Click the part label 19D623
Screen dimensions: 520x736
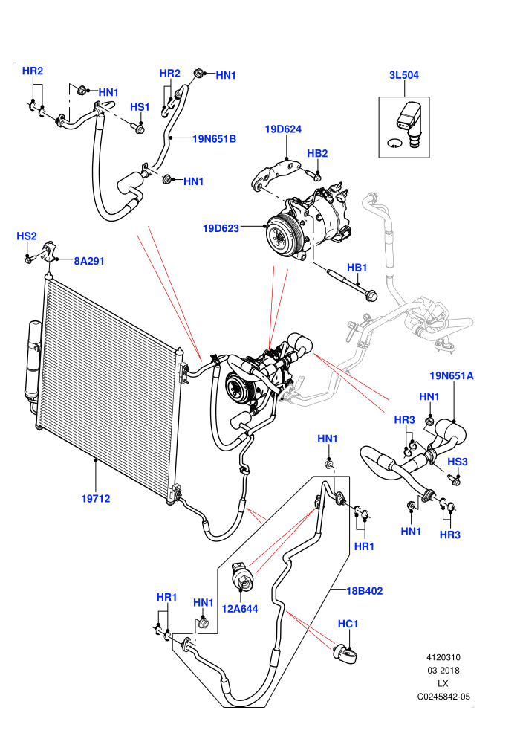coord(221,228)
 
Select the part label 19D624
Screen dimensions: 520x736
coord(283,129)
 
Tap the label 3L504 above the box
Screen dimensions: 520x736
coord(403,75)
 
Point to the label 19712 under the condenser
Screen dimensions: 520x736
coord(96,499)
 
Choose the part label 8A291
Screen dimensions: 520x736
coord(89,261)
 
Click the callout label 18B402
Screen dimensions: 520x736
coord(364,591)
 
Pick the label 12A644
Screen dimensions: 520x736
coord(240,609)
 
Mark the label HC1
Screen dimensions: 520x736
coord(348,624)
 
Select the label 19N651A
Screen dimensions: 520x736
coord(452,376)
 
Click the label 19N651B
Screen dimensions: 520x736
coord(214,139)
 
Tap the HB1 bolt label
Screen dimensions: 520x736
coord(357,268)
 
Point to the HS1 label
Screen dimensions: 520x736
coord(140,107)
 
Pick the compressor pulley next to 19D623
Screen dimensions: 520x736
coord(282,235)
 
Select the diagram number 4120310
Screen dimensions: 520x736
coord(443,658)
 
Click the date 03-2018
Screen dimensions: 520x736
coord(443,671)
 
